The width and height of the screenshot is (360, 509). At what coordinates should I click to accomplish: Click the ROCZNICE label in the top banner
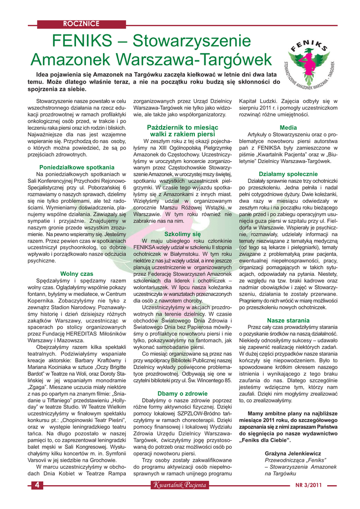click(81, 23)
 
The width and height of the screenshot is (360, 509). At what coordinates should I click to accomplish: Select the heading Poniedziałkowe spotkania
click(77, 168)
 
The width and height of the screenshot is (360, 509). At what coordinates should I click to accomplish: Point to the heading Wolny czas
click(77, 273)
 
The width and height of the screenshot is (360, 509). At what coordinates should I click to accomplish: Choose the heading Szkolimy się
click(182, 233)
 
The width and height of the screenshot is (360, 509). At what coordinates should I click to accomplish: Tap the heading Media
click(288, 127)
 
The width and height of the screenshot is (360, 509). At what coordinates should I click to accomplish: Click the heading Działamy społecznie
click(288, 174)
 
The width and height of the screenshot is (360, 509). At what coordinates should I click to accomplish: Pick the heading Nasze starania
click(288, 320)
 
